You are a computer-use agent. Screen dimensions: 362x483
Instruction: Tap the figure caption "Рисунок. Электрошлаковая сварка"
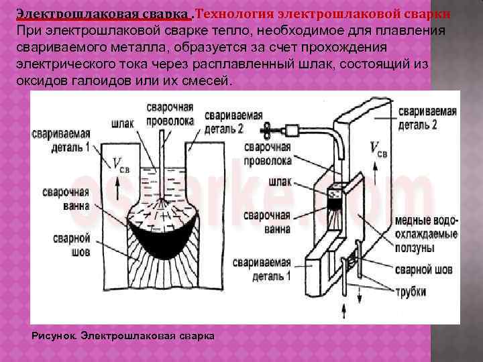tap(123, 335)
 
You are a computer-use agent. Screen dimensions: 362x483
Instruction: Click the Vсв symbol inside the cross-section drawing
tap(120, 164)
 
